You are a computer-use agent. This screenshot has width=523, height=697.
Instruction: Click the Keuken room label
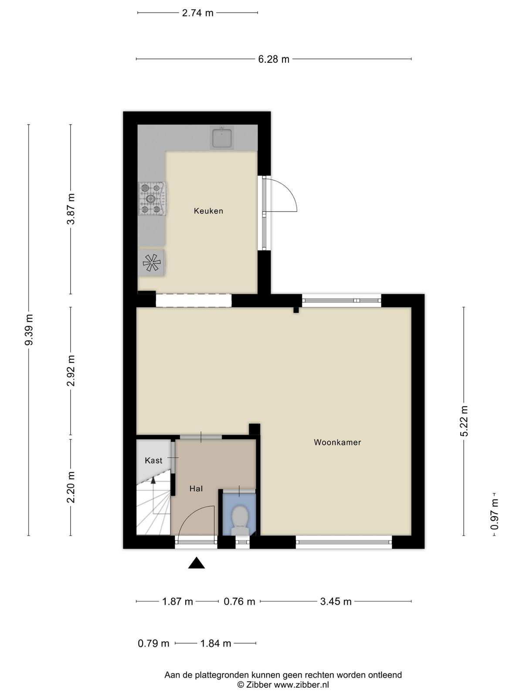(x=208, y=211)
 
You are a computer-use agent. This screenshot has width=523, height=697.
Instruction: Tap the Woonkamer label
(x=337, y=442)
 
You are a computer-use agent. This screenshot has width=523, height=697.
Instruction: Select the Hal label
(x=196, y=489)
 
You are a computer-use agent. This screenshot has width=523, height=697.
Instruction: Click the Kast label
(x=153, y=460)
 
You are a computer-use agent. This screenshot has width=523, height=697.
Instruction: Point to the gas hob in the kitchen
(x=152, y=199)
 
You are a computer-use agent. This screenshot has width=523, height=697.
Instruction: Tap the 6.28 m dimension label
(x=273, y=59)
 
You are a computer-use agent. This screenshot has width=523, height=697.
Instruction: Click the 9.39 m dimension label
(x=29, y=330)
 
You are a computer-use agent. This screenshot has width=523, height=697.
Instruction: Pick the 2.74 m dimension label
(x=197, y=13)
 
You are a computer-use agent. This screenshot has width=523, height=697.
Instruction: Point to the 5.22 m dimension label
(x=464, y=421)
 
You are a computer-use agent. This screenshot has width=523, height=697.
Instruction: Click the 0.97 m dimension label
(x=494, y=517)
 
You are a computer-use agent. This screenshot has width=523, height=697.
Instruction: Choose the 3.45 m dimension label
(x=336, y=602)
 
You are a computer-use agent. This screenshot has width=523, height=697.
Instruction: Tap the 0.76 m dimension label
(x=239, y=602)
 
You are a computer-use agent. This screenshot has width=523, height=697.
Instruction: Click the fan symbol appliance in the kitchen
(x=152, y=263)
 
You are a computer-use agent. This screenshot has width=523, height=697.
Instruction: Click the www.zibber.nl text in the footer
(x=301, y=685)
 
